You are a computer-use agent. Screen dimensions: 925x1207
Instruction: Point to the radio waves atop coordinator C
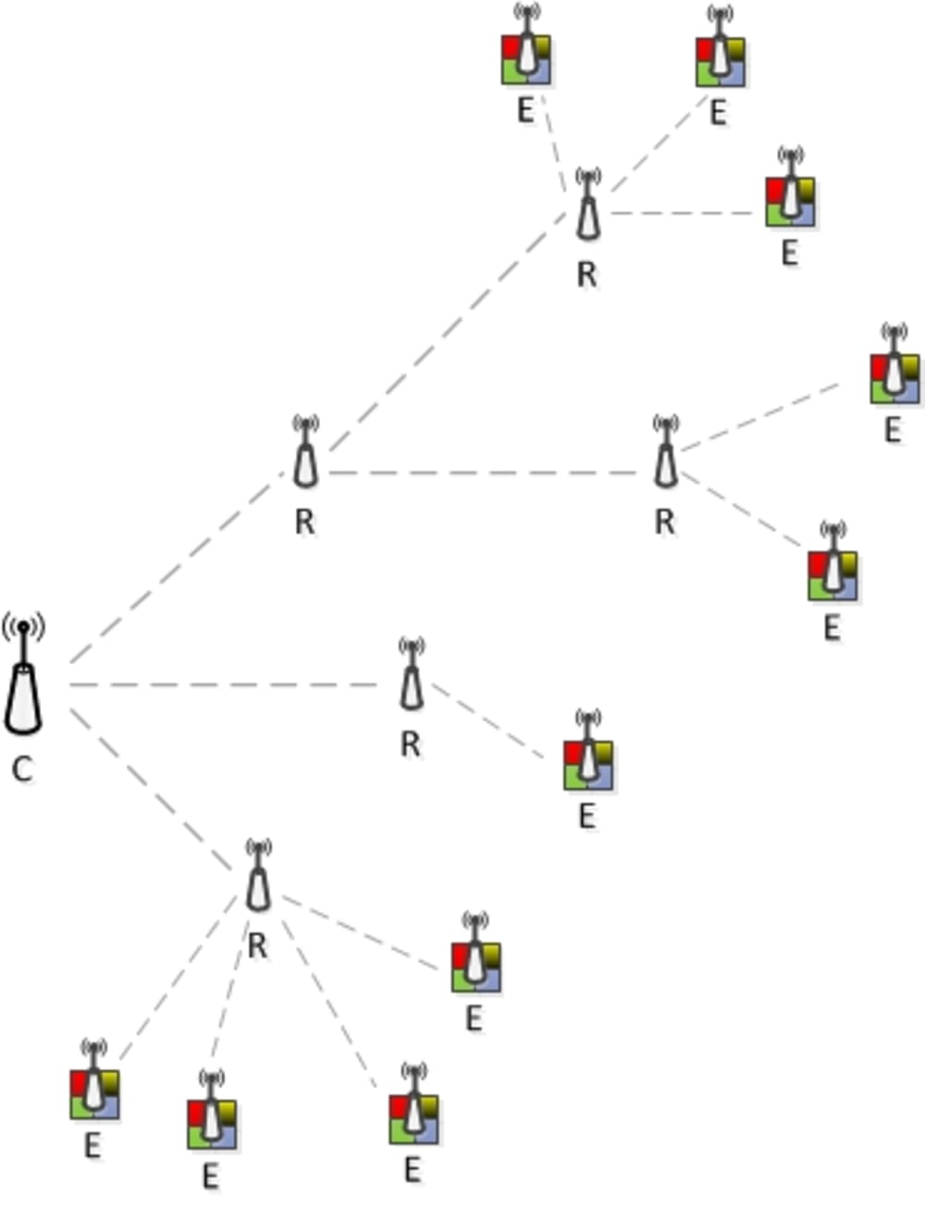click(23, 629)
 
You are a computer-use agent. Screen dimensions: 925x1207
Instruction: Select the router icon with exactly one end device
click(412, 680)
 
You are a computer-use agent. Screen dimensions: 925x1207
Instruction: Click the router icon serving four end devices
click(259, 883)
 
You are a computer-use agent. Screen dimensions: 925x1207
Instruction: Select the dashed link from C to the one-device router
click(222, 684)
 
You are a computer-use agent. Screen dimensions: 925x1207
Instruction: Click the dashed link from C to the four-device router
click(153, 791)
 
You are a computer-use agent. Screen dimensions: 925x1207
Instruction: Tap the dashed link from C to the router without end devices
click(176, 569)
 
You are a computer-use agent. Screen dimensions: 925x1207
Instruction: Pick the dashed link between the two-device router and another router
click(490, 473)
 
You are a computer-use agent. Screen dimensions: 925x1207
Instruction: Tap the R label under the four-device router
click(258, 946)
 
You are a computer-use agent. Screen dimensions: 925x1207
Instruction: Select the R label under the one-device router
click(411, 744)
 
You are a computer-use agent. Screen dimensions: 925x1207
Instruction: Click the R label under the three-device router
click(586, 274)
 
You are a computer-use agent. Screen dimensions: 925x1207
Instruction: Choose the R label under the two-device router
click(664, 523)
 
